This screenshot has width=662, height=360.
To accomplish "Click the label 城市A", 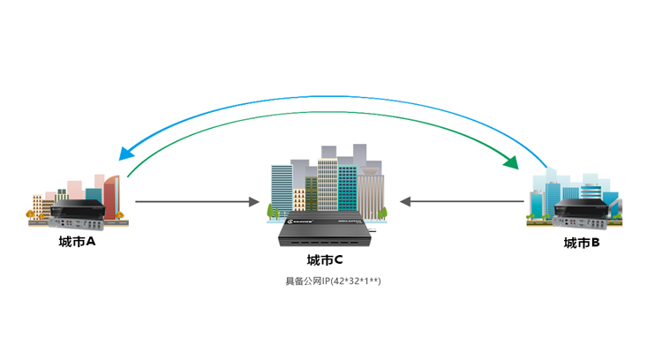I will pyautogui.click(x=77, y=241).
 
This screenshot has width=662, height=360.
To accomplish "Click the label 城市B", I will pyautogui.click(x=582, y=243).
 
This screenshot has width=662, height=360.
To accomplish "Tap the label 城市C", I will pyautogui.click(x=324, y=260).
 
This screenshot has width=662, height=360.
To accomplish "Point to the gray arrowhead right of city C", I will pyautogui.click(x=406, y=202).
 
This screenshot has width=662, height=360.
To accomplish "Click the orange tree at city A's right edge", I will pyautogui.click(x=125, y=213).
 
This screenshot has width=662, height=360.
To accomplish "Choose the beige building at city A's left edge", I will pyautogui.click(x=37, y=205).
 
